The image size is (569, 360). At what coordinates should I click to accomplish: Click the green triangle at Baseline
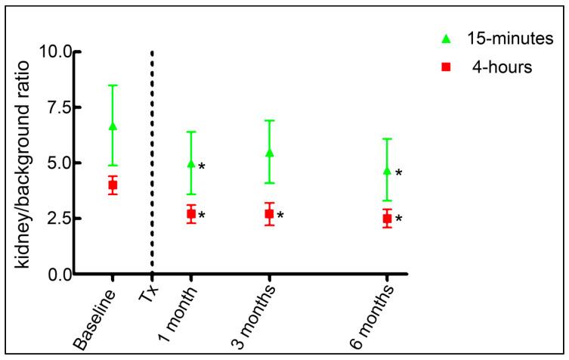point(113,126)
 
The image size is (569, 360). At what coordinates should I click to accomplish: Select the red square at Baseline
point(113,185)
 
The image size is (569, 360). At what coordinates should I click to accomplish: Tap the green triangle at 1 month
point(191,163)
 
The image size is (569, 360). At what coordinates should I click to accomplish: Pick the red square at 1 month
point(191,214)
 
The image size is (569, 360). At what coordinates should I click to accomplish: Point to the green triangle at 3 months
point(270,153)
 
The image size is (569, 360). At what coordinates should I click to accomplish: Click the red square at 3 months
point(270,214)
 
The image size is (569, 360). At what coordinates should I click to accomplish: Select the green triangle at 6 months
point(387,171)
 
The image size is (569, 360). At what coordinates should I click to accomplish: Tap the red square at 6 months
point(387,219)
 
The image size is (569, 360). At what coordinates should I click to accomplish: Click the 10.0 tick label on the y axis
point(53,52)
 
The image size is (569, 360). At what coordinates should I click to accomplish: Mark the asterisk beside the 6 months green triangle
point(398,173)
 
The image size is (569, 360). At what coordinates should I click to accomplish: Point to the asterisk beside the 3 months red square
point(280,216)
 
